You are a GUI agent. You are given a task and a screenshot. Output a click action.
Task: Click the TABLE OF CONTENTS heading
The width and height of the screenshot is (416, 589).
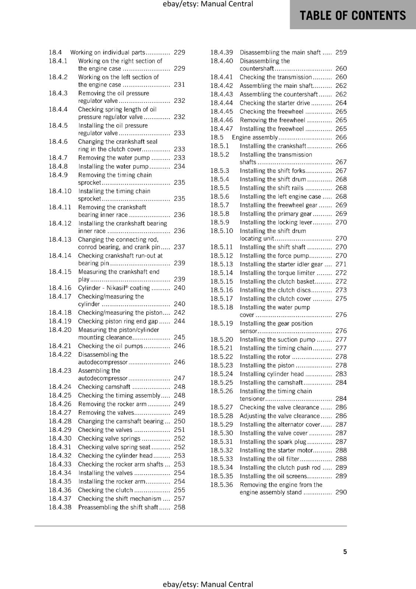(x=353, y=15)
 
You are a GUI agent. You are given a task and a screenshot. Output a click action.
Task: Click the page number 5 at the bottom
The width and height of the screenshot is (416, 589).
(x=345, y=551)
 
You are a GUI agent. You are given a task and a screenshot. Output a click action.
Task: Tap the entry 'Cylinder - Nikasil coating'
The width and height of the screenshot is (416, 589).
(x=114, y=288)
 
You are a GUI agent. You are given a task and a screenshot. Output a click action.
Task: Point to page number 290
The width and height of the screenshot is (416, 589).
(x=341, y=492)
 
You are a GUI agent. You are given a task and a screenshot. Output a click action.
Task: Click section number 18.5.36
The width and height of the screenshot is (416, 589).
(x=222, y=485)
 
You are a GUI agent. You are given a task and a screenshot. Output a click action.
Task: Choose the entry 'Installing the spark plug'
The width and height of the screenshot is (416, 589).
(x=273, y=442)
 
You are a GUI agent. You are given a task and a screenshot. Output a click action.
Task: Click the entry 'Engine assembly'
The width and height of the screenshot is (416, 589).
(x=255, y=137)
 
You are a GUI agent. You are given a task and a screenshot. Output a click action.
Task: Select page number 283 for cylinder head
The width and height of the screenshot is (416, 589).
(x=341, y=374)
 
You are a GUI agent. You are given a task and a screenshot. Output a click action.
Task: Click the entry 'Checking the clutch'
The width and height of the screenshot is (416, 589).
(x=105, y=490)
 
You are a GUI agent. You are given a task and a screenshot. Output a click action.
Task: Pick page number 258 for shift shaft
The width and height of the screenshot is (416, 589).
(x=179, y=507)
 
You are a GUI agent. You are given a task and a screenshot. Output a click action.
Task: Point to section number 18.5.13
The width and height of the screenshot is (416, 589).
(x=222, y=264)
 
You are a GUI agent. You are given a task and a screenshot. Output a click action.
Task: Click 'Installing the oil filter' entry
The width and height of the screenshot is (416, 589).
(x=269, y=459)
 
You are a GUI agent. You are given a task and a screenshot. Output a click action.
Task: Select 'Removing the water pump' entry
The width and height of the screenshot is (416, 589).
(x=114, y=158)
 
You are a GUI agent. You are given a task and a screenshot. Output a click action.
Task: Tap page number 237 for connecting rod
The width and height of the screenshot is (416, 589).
(x=179, y=247)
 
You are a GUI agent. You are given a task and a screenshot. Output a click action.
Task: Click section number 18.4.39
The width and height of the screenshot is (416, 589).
(x=222, y=53)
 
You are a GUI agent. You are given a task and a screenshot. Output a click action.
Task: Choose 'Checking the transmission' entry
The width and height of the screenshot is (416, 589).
(x=276, y=77)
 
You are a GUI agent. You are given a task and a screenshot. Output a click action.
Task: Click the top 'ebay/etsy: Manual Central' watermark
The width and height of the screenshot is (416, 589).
(x=208, y=4)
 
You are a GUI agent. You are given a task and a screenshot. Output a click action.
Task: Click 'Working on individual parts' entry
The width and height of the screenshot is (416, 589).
(x=107, y=53)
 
